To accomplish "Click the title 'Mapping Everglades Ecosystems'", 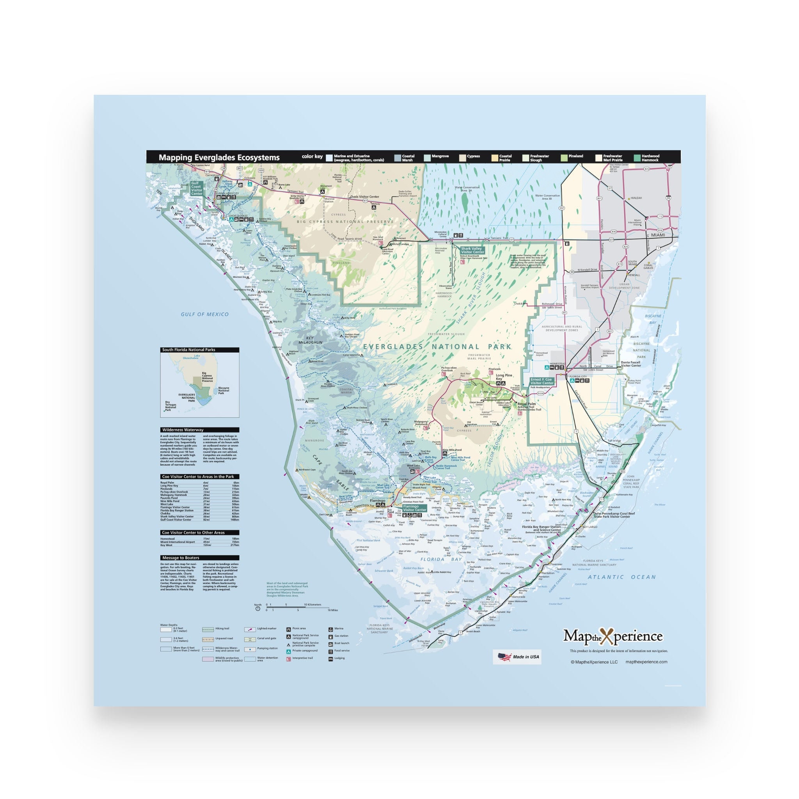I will [219, 158].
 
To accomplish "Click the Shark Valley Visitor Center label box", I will [472, 250].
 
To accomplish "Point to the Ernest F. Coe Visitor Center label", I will [542, 381].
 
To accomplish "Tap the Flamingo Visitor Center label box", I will [414, 508].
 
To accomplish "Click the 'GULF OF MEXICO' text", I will [205, 314].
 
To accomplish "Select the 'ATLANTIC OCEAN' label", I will [621, 577].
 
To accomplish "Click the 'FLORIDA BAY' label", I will [441, 559].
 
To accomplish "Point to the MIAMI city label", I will [658, 235].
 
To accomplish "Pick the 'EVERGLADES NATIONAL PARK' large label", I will [437, 346].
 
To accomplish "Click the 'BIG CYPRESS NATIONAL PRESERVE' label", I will [345, 222].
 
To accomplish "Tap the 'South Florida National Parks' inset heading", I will [188, 350].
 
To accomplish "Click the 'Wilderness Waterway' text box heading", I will [183, 430].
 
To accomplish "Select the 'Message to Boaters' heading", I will [180, 558].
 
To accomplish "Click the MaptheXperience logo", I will [613, 636].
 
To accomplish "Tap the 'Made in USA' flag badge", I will [517, 657].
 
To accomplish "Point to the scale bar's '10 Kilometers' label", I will [313, 605].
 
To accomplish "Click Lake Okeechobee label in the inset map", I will [191, 357].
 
